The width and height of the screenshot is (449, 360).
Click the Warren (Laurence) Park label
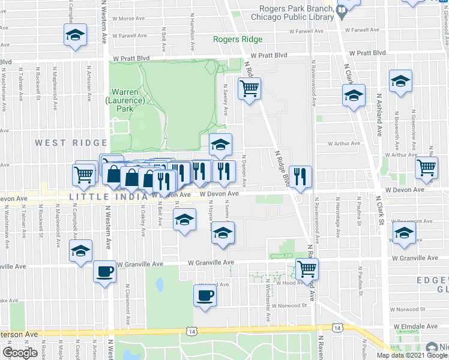point(125,100)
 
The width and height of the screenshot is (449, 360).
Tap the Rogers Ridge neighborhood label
point(238,40)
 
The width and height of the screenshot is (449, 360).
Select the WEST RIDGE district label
point(71,143)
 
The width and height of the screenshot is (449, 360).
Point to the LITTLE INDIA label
point(108,196)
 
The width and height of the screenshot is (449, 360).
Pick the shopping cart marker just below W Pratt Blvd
point(249,89)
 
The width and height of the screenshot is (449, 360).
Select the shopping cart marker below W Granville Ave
point(307,269)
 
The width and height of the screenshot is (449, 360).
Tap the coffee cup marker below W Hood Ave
point(205,296)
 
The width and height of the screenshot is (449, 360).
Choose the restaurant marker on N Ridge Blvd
point(300,176)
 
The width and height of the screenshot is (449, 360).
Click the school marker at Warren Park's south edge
point(220,144)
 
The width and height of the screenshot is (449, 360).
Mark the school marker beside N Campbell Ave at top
point(75,34)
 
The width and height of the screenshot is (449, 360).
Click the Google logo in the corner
point(20,353)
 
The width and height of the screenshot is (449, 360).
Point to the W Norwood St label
point(289,305)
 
